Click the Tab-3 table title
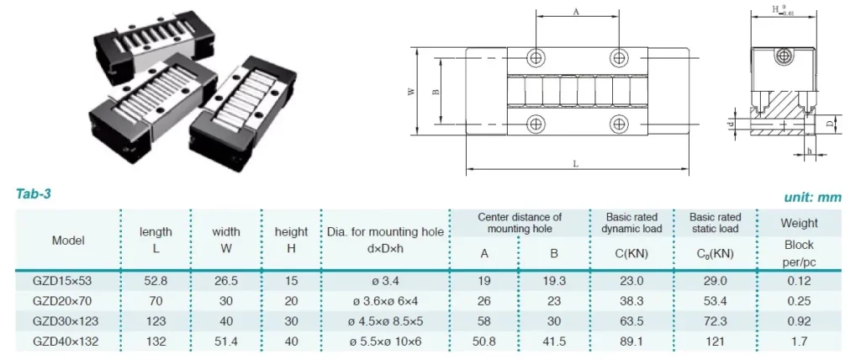pyautogui.click(x=34, y=193)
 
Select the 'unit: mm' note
pyautogui.click(x=813, y=196)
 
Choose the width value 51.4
pyautogui.click(x=226, y=341)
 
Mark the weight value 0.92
pyautogui.click(x=799, y=320)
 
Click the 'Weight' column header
pyautogui.click(x=799, y=223)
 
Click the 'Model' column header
pyautogui.click(x=68, y=240)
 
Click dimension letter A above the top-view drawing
pyautogui.click(x=576, y=12)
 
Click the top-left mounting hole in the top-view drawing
pyautogui.click(x=536, y=57)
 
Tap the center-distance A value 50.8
pyautogui.click(x=484, y=341)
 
